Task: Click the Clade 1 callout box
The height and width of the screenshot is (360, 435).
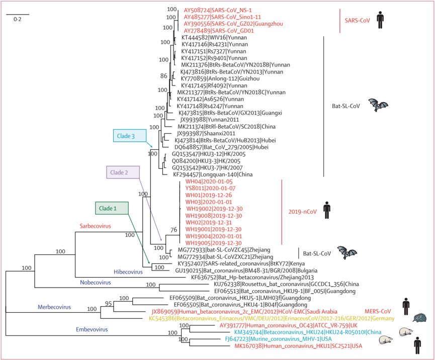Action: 112,208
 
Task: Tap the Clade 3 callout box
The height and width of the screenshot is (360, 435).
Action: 129,135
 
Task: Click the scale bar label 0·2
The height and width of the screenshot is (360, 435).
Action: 18,19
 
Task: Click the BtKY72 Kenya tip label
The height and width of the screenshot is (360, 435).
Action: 234,263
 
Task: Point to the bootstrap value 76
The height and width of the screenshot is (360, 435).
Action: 173,230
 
